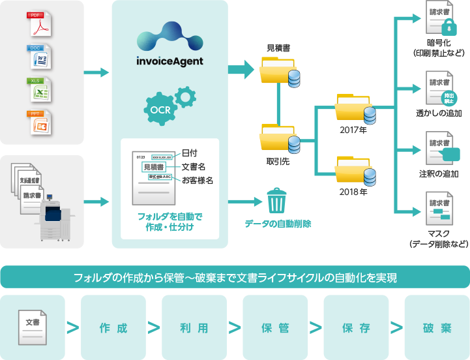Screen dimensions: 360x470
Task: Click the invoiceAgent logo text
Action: pyautogui.click(x=169, y=61)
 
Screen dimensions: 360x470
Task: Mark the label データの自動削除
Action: pyautogui.click(x=278, y=224)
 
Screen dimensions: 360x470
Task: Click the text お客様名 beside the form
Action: pyautogui.click(x=198, y=181)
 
